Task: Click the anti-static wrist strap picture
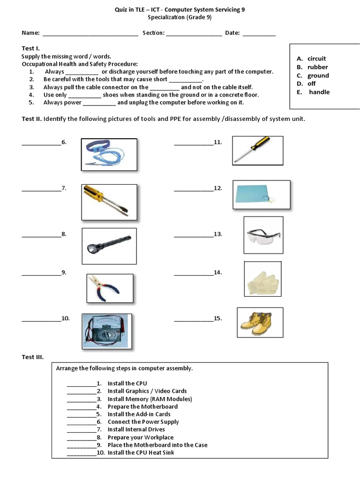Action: [x=109, y=154]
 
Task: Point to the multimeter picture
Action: [x=107, y=331]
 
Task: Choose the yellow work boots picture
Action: [x=260, y=322]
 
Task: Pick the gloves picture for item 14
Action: [x=262, y=279]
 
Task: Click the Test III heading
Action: [x=33, y=357]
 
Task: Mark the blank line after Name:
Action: [x=90, y=34]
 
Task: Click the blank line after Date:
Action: [x=259, y=34]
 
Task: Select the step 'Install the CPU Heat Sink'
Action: [x=141, y=453]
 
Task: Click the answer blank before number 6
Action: [x=41, y=143]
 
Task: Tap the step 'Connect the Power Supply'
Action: [x=143, y=422]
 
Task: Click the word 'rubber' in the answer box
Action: [x=317, y=67]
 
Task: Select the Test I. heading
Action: [x=31, y=48]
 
